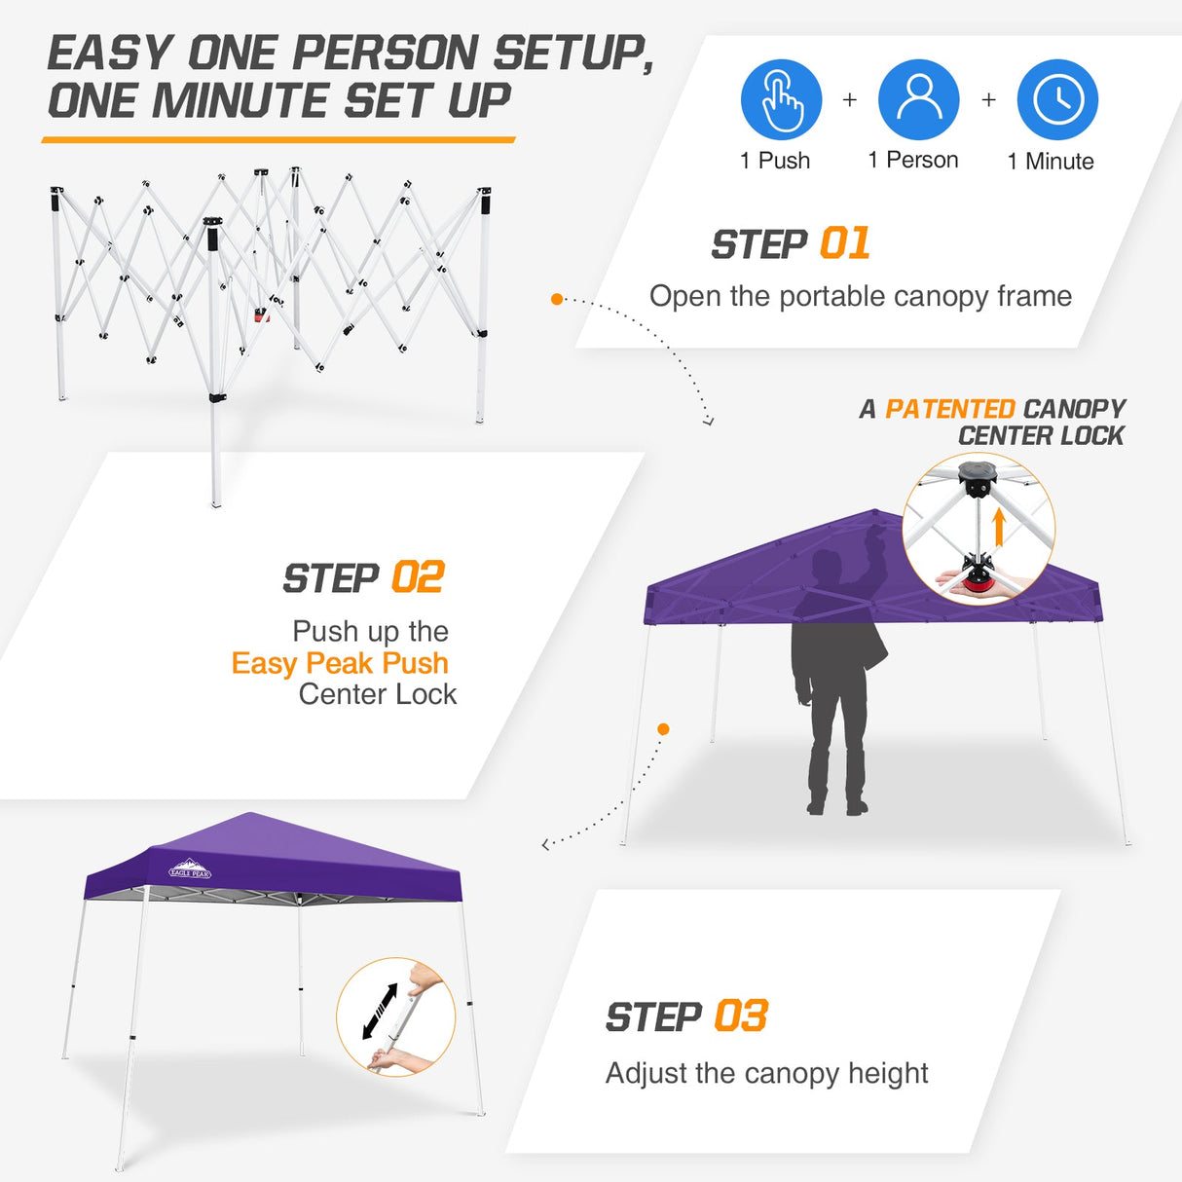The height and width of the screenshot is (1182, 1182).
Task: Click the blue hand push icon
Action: (781, 99)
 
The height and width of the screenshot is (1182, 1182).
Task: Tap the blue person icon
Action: (918, 99)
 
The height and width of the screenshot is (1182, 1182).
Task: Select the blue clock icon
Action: (1057, 99)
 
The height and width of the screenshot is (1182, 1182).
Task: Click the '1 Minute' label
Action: (1050, 162)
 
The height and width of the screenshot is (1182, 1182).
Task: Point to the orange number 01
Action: (844, 243)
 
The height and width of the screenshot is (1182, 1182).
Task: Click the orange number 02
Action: (417, 577)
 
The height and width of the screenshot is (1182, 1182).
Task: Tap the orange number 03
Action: (741, 1016)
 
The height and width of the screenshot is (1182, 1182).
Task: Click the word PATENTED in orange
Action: (949, 409)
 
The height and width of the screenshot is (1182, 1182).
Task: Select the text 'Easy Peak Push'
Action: (340, 663)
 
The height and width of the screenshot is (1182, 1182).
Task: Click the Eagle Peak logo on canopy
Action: (190, 869)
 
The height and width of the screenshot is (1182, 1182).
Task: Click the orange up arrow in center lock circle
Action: (998, 529)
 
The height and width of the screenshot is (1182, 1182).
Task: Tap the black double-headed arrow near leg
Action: (380, 1011)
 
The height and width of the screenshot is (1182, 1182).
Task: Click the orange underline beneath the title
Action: (278, 140)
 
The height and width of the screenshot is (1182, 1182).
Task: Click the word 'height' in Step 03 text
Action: (888, 1073)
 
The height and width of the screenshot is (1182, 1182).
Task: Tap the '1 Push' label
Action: (775, 161)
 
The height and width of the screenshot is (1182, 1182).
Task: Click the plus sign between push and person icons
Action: (850, 99)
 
